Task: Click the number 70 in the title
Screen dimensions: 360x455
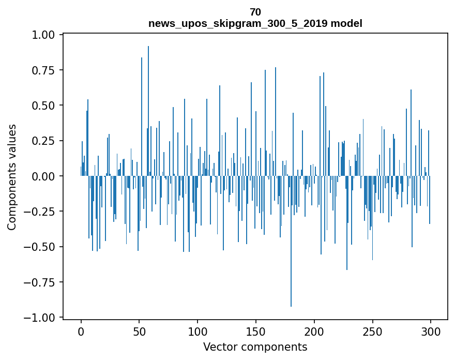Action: tap(255, 12)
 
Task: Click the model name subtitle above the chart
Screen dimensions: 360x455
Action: tap(255, 23)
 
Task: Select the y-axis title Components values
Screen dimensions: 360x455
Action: tap(11, 177)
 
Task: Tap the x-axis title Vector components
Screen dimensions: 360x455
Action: tap(255, 347)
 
